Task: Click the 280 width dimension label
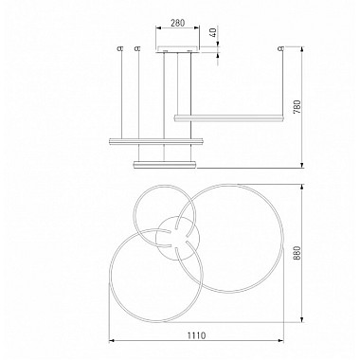click(x=177, y=23)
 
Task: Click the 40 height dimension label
click(x=214, y=32)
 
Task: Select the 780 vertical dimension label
click(x=297, y=107)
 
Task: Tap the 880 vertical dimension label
click(x=297, y=253)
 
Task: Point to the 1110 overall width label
click(x=197, y=335)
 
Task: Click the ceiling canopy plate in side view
click(x=177, y=50)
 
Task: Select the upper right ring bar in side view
click(x=228, y=117)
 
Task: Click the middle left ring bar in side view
click(x=155, y=141)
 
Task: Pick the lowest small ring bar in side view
click(x=165, y=165)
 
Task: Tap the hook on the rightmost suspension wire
click(x=280, y=48)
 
